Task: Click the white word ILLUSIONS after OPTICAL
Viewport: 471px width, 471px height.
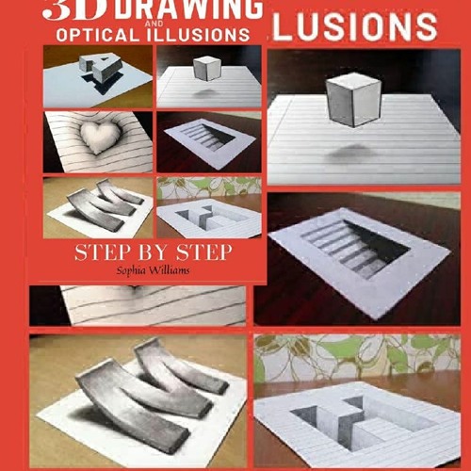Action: tap(198, 35)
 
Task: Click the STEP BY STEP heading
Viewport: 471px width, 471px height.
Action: tap(154, 252)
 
